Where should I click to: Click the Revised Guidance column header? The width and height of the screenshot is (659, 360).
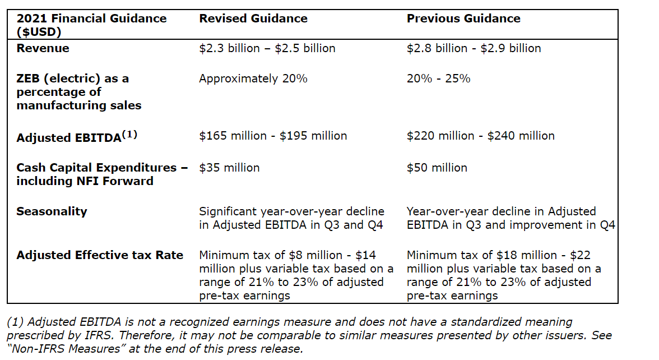pos(253,19)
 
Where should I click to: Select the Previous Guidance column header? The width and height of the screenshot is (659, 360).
pos(463,19)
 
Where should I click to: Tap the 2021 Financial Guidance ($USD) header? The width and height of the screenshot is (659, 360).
pos(91,25)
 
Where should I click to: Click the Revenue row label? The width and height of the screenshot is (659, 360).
pos(43,48)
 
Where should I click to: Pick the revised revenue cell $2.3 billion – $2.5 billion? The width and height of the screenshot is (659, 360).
pos(267,48)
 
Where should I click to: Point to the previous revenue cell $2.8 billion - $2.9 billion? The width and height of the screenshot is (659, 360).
pos(474,48)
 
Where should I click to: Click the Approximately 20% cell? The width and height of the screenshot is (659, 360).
pos(253,79)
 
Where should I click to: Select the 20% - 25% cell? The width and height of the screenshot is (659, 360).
pos(439,79)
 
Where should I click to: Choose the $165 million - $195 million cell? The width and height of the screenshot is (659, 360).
pos(273,136)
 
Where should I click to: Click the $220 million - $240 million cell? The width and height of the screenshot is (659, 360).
pos(480,136)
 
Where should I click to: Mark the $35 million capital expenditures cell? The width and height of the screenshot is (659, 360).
pos(229,168)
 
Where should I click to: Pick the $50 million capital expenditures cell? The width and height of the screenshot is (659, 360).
pos(437,168)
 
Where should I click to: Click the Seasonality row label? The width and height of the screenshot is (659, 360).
pos(52,211)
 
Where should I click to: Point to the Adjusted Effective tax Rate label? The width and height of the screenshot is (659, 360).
pos(100,255)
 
